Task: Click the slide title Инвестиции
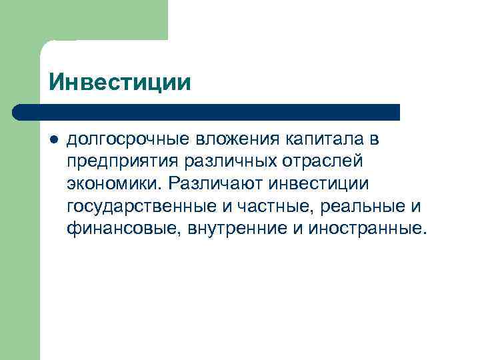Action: coord(119,82)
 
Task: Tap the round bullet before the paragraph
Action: coord(53,141)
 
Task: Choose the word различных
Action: coord(221,162)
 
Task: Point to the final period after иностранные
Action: coord(421,233)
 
